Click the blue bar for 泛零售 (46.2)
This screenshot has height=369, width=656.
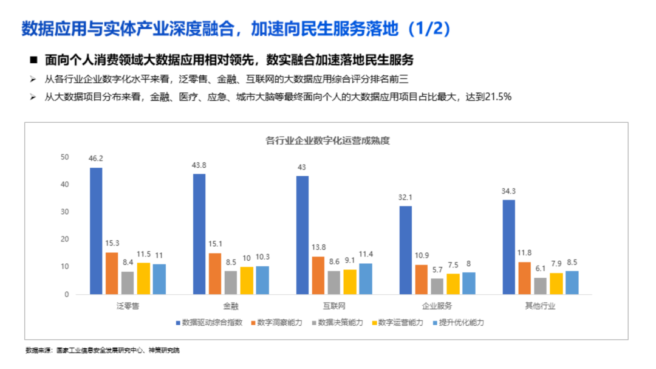(x=96, y=231)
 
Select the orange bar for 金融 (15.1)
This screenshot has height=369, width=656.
(x=215, y=274)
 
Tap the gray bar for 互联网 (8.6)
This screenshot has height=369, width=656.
(x=334, y=283)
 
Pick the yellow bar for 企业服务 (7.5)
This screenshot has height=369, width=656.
(x=453, y=284)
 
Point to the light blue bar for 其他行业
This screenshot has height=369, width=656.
(x=572, y=283)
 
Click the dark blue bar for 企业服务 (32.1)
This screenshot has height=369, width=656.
(x=405, y=250)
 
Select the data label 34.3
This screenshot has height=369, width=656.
(x=508, y=191)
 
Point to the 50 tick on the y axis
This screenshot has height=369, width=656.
(x=65, y=157)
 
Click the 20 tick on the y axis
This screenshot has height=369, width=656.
(x=65, y=240)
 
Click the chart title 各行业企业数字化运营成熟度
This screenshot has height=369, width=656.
(x=327, y=140)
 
